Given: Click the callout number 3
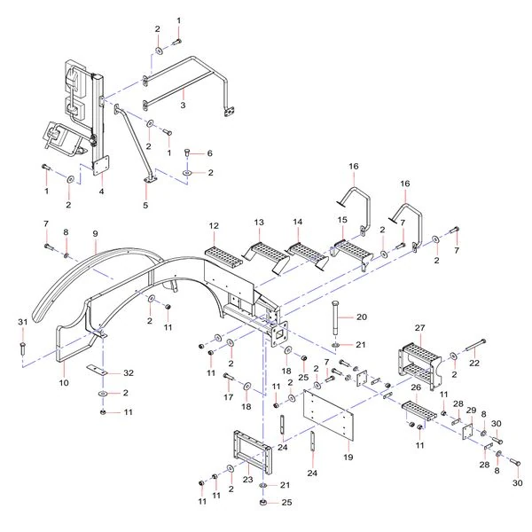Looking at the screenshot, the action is point(183,105).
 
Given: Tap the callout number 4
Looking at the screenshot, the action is point(101,192).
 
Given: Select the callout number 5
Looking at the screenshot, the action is point(145,205).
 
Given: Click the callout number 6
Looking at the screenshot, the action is point(209,153).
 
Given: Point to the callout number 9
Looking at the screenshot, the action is point(95,233).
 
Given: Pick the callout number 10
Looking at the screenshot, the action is point(64,383).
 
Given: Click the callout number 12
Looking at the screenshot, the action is point(214,225).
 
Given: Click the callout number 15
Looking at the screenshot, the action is point(342,220).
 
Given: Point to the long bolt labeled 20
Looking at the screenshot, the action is point(335,317).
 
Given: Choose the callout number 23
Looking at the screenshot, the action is point(247,480).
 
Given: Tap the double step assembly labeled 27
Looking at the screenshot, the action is point(420,367).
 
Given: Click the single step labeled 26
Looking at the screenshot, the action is point(419,412).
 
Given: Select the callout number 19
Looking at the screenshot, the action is point(348,457).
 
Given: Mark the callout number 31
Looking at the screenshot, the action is point(22,322).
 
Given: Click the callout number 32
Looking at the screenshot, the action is point(129,373).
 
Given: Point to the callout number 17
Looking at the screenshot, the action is point(229,396).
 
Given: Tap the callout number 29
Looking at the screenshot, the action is point(471,411).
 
